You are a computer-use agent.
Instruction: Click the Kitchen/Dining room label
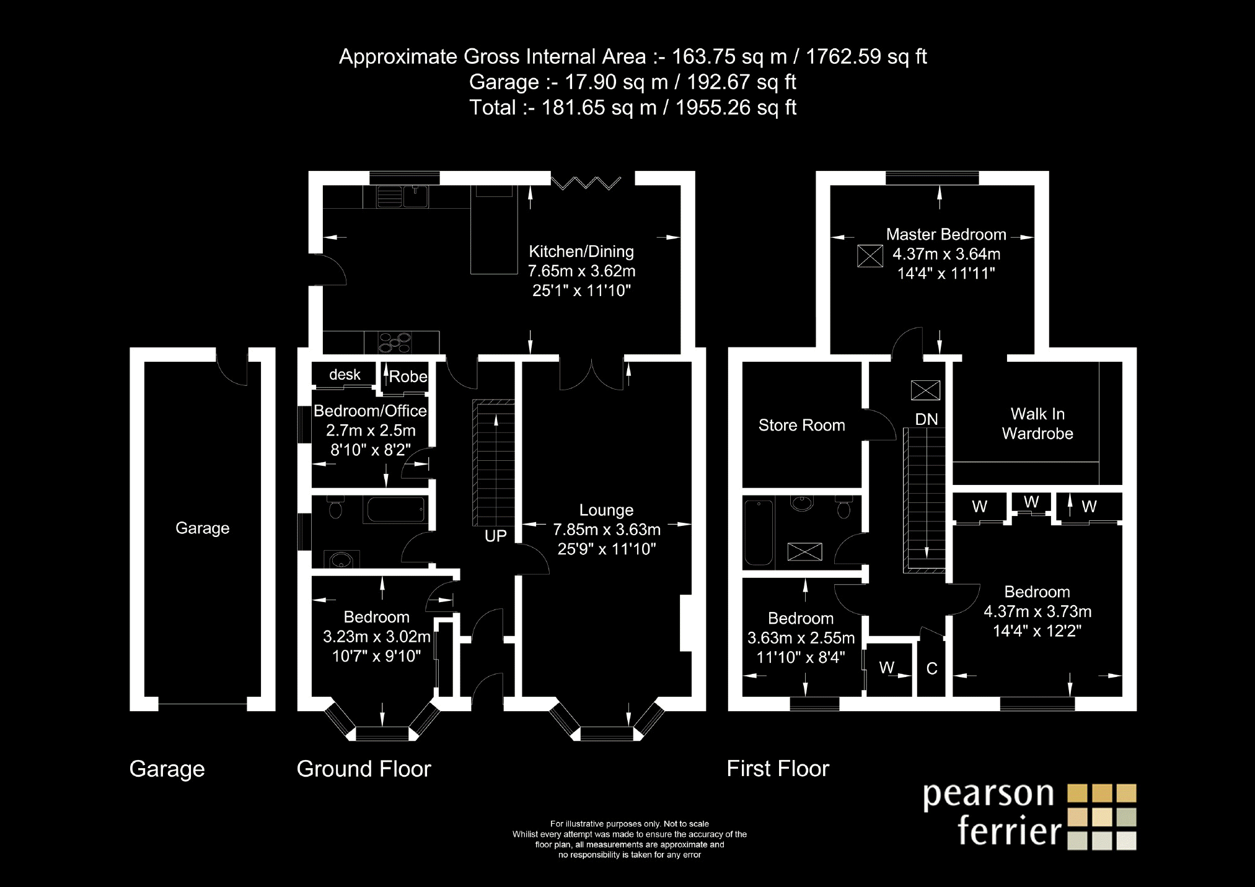point(581,251)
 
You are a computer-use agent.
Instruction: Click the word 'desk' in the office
point(345,375)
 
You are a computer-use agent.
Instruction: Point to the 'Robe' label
point(408,377)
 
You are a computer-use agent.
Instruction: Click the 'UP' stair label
point(496,536)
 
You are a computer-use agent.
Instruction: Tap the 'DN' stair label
point(927,419)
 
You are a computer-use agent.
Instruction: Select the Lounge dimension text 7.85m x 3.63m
point(607,530)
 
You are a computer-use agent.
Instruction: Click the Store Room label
point(802,426)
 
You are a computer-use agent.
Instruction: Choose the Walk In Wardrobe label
point(1037,424)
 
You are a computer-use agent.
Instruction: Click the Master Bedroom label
point(946,235)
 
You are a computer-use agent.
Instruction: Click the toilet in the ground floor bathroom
point(335,509)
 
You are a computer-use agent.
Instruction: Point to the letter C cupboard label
point(931,669)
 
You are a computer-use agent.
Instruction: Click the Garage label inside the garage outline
point(203,528)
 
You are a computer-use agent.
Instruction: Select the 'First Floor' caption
point(778,769)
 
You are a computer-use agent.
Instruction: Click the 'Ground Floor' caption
point(364,769)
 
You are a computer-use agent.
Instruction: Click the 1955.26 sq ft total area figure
point(736,108)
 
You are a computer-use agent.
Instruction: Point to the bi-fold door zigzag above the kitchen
point(586,183)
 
